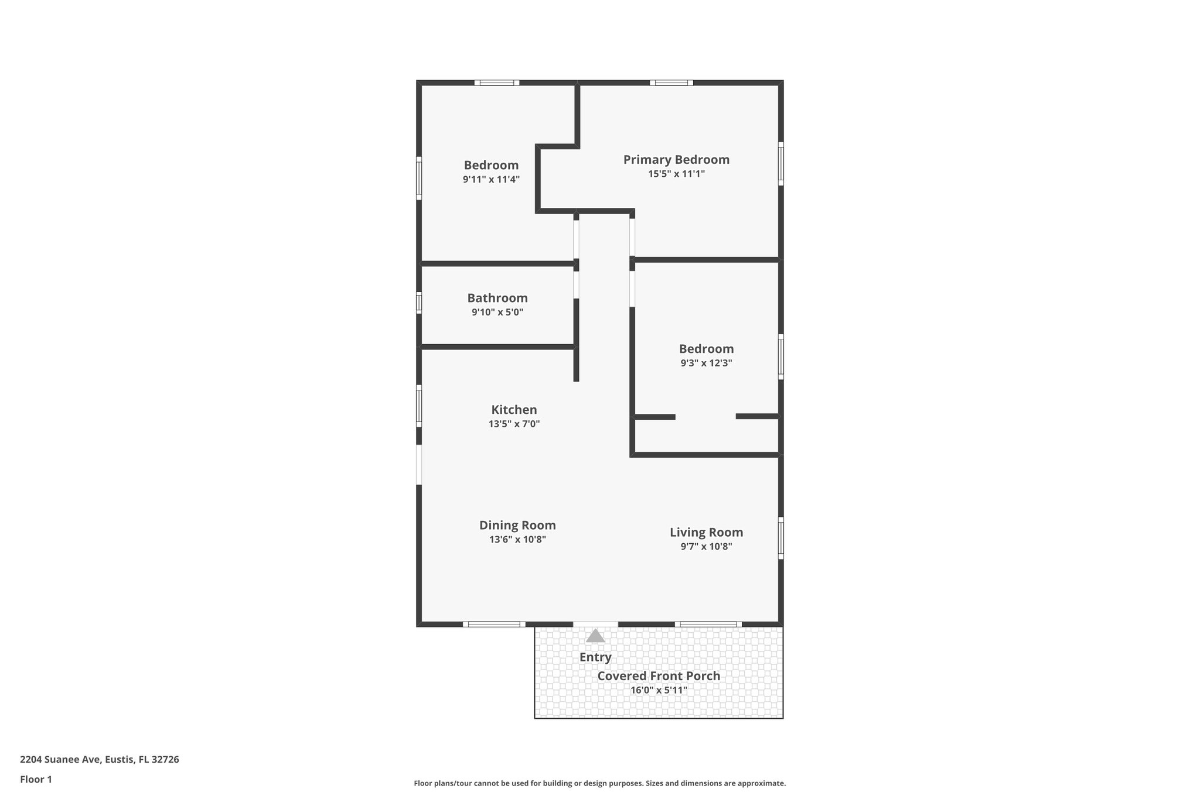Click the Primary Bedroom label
coord(676,160)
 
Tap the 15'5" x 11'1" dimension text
coord(676,174)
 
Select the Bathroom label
coord(497,298)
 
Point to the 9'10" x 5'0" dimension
coord(497,313)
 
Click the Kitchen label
coord(514,410)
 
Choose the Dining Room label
coord(517,526)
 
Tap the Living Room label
coord(706,533)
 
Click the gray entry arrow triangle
coord(595,636)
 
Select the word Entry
coord(595,657)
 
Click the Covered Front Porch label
coord(659,676)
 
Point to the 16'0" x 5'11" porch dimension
coord(659,690)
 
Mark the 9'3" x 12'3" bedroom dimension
coord(706,363)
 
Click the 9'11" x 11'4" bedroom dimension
coord(491,180)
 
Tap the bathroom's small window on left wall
coord(419,303)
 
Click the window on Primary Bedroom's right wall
coord(780,163)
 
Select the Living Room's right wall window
coord(780,538)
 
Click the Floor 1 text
coord(36,780)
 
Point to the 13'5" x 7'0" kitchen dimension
coord(514,424)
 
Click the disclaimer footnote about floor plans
coord(599,783)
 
